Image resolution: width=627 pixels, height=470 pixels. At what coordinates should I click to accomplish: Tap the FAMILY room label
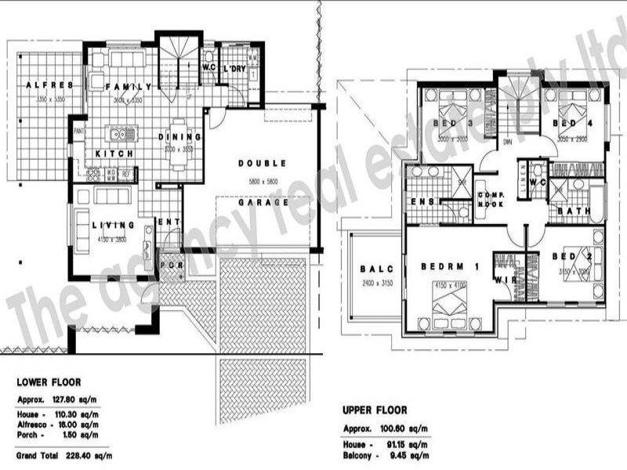pos(127,86)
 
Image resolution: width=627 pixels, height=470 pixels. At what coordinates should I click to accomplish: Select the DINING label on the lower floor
pos(181,136)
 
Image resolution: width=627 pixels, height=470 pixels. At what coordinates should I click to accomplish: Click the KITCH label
pos(114,154)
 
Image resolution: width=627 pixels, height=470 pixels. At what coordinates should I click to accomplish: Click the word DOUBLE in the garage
pos(262,164)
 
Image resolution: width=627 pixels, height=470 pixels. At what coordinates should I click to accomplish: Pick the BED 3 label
pos(449,124)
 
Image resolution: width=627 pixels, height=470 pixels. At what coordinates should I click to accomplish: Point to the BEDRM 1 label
pos(450,267)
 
